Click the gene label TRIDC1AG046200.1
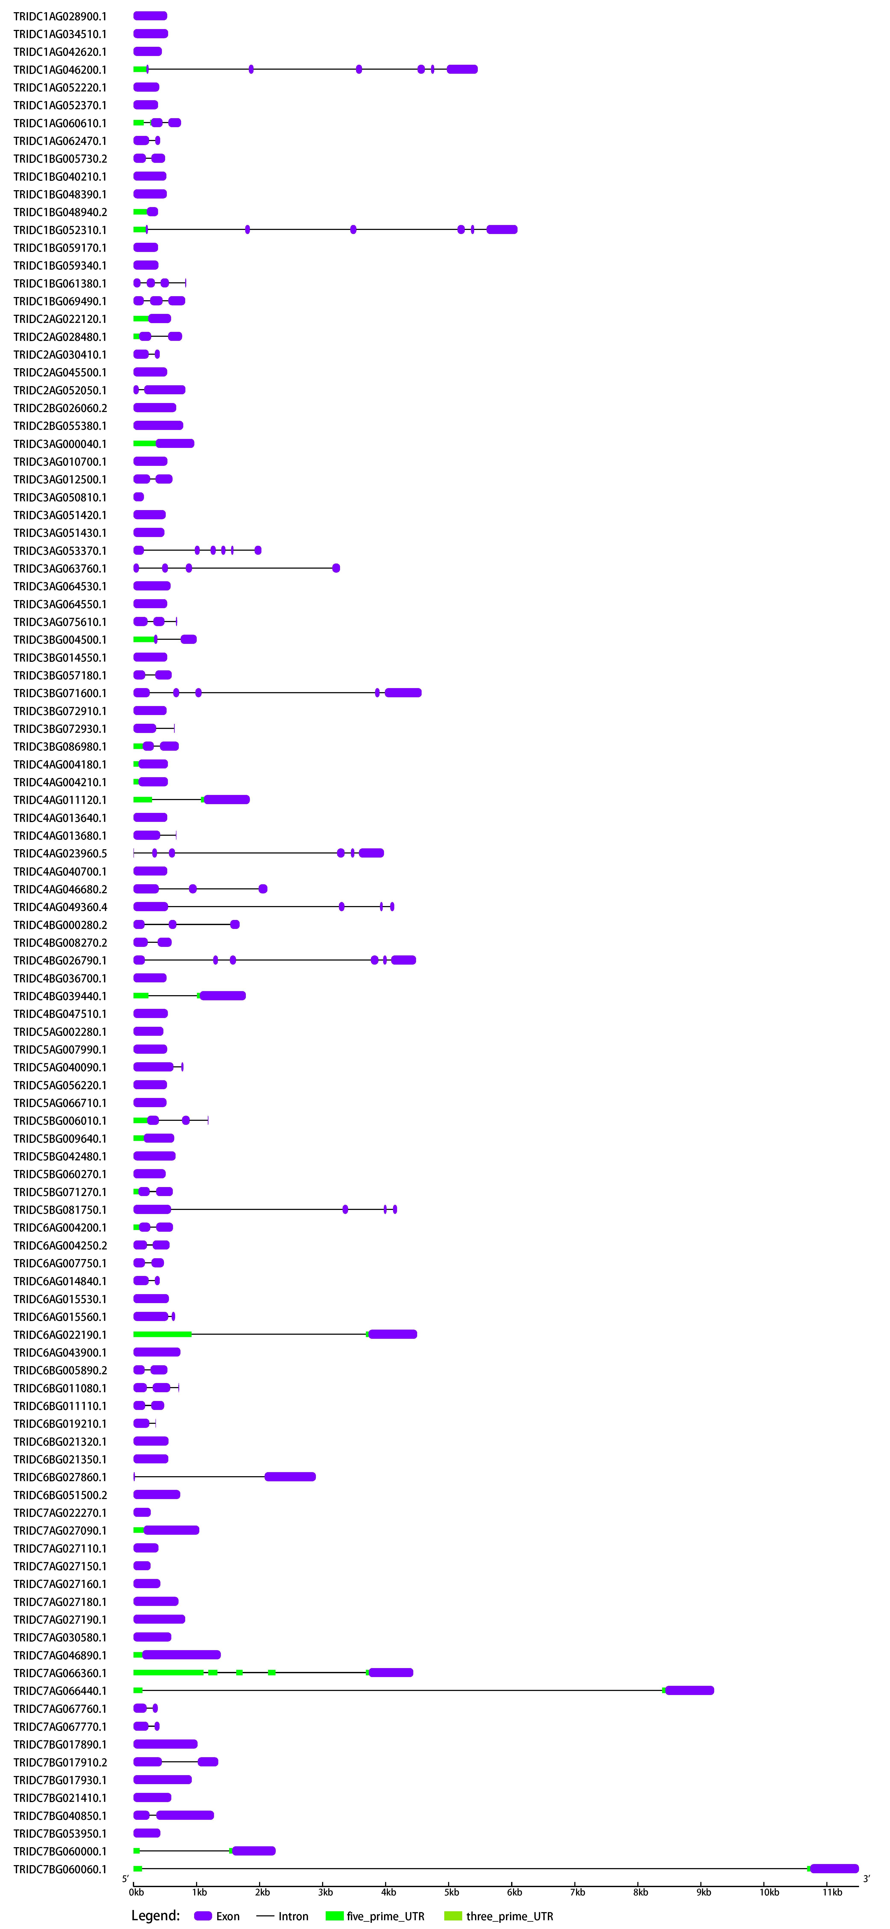[60, 70]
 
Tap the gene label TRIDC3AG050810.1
[60, 497]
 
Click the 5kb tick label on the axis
[451, 1892]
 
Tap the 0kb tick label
[136, 1892]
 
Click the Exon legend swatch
[203, 1916]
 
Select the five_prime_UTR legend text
[386, 1916]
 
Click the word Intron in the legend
[293, 1916]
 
